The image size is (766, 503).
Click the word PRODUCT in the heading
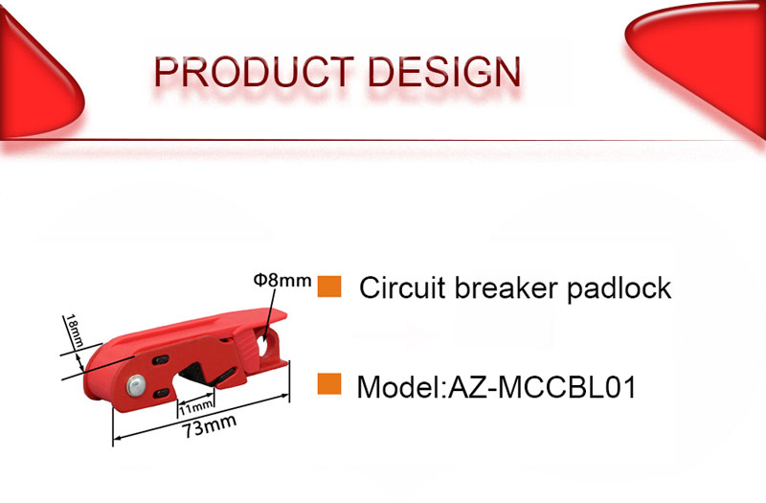coord(254,73)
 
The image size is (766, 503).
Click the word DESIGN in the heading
coord(444,73)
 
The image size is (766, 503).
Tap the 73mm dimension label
coord(209,426)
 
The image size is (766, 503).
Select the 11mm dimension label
coord(195,406)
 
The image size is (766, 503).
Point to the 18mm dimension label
coord(75,331)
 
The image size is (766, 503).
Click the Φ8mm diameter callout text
coord(282,281)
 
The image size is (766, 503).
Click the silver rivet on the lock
coord(136,385)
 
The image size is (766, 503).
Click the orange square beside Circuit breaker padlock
coord(329,286)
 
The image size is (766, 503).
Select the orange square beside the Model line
coord(329,384)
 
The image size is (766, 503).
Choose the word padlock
coord(619,287)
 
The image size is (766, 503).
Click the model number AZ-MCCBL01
coord(542,388)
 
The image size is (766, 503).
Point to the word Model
coord(399,388)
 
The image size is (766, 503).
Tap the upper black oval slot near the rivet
coord(161,361)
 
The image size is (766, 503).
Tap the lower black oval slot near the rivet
coord(162,393)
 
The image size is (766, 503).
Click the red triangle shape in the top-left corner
coord(36,79)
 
